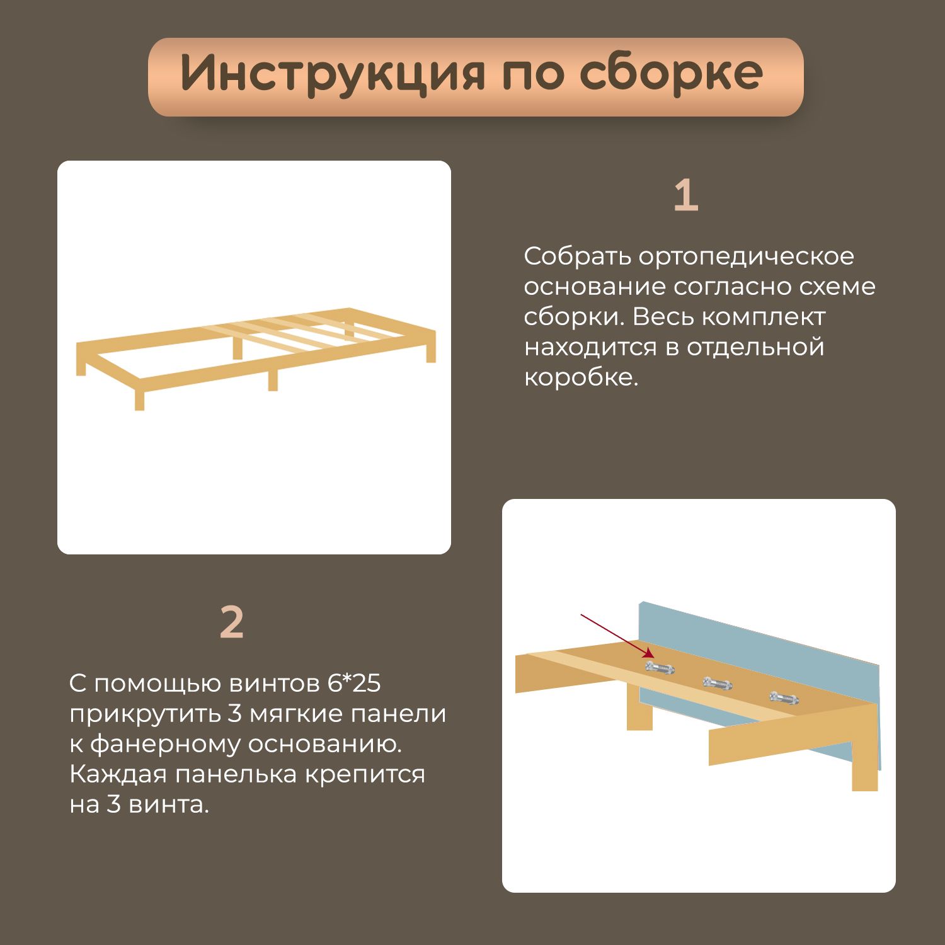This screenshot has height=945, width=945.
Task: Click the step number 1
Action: [x=686, y=196]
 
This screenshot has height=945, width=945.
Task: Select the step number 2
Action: [x=232, y=623]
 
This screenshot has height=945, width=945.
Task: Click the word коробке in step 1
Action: [x=581, y=377]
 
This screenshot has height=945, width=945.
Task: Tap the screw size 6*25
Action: [x=354, y=683]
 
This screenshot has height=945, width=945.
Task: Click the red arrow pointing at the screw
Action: [x=617, y=636]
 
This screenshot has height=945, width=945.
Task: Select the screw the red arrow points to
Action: [x=660, y=667]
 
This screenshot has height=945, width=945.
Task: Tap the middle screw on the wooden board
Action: [x=718, y=683]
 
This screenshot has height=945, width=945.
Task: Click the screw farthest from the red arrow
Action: [x=784, y=697]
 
